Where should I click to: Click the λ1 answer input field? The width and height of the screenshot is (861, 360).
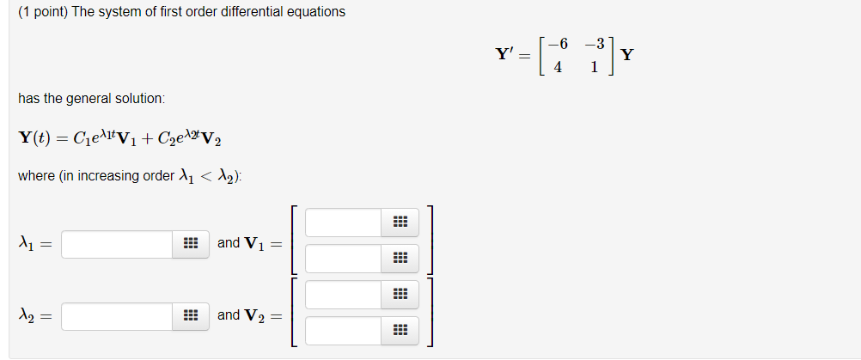click(x=117, y=244)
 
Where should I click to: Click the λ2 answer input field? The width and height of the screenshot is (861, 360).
click(x=117, y=316)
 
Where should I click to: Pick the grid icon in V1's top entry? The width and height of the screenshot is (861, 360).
click(x=400, y=223)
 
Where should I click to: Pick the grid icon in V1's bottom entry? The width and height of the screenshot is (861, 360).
click(x=400, y=258)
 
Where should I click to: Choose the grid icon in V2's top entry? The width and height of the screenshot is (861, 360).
click(x=400, y=295)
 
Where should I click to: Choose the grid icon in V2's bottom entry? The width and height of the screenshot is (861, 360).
click(x=400, y=330)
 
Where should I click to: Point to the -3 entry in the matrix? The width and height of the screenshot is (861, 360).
click(x=594, y=43)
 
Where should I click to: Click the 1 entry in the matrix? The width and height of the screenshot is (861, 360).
click(x=595, y=68)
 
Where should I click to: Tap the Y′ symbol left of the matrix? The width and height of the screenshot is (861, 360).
click(x=505, y=55)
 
